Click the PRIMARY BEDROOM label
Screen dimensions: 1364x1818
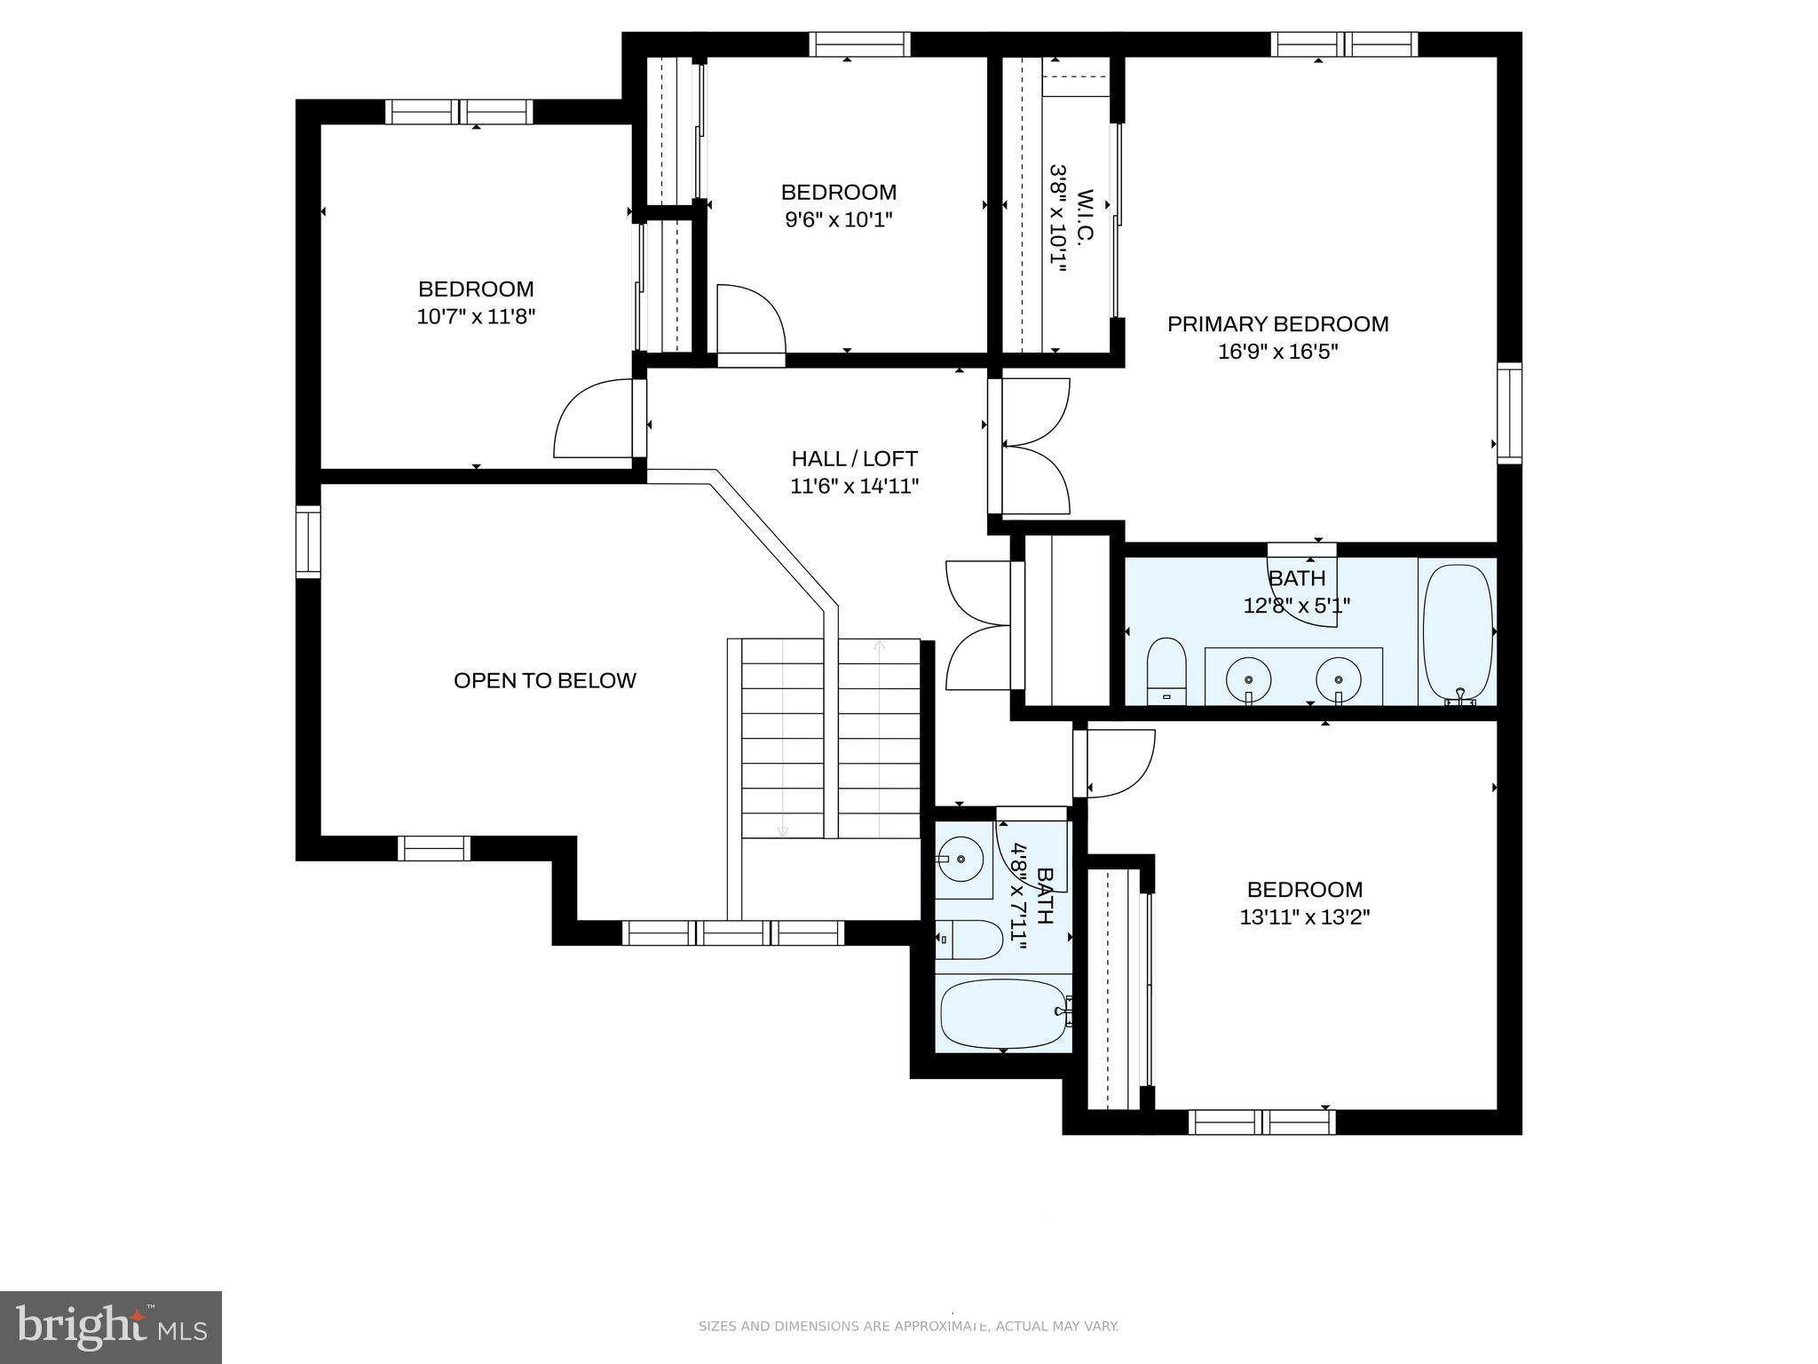1277,324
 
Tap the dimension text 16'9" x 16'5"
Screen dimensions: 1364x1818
1277,352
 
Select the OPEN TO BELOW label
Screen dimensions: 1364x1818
544,680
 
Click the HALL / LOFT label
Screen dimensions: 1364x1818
854,458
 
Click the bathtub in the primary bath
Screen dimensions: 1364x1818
1457,631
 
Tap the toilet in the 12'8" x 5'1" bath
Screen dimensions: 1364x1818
1166,670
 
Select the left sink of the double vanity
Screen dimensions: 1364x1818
1248,679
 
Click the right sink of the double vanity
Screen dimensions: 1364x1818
1338,679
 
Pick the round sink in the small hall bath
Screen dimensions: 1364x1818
960,860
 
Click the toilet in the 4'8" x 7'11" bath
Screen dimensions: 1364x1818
971,940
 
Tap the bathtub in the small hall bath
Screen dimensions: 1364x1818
1003,1013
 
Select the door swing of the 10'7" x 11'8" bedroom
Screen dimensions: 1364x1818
593,419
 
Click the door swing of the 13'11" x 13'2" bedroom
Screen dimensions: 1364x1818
1118,762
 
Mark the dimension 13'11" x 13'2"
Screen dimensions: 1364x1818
1304,916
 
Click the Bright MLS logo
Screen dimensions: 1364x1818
110,1328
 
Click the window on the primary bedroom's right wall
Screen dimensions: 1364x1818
1509,413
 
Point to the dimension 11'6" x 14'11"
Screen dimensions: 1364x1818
854,486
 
